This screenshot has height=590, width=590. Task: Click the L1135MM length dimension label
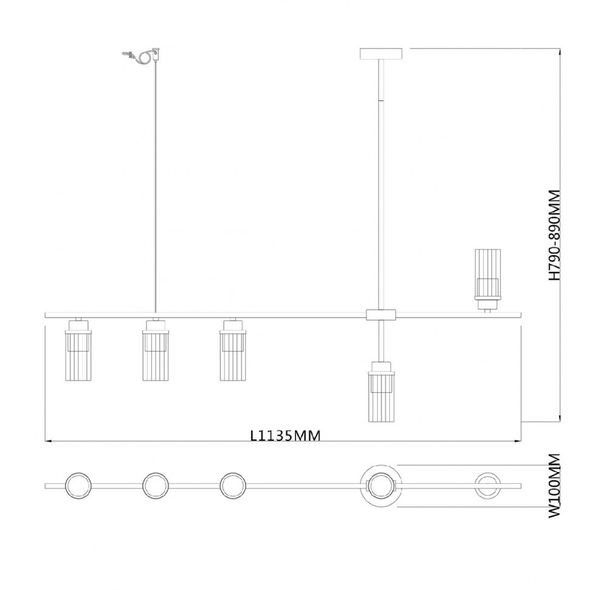click(286, 436)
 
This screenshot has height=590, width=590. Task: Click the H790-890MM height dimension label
click(554, 235)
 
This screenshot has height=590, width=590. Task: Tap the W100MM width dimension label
click(554, 486)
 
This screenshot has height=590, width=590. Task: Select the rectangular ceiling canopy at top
click(381, 54)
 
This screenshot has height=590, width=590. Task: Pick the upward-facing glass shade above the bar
click(487, 279)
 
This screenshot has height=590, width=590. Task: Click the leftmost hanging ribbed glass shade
click(78, 350)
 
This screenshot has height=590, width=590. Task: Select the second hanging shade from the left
click(155, 350)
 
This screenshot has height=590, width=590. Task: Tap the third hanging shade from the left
click(233, 350)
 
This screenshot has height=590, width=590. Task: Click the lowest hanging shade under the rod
click(381, 392)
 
